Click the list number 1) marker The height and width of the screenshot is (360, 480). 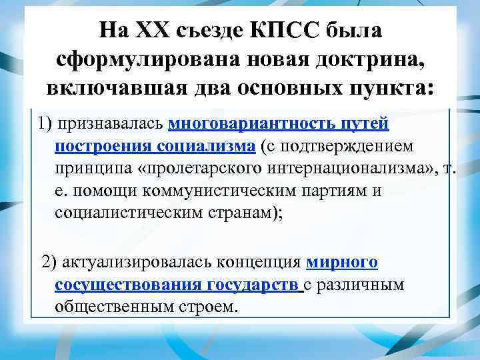(46, 124)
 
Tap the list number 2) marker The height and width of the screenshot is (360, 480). (50, 263)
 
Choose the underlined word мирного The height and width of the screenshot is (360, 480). (342, 263)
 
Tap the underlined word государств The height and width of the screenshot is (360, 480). (254, 285)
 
